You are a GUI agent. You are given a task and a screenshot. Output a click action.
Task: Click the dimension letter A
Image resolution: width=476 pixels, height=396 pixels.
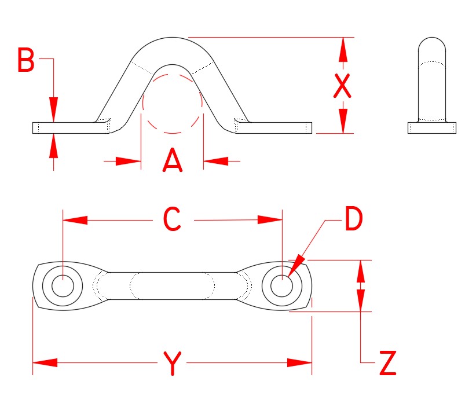click(x=173, y=161)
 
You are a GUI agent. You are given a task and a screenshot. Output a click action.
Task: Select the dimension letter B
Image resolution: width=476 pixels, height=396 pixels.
click(x=25, y=61)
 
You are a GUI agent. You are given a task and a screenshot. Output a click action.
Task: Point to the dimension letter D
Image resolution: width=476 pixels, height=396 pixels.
click(x=353, y=219)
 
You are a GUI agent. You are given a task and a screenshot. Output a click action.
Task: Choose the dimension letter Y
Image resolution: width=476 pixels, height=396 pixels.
click(x=172, y=364)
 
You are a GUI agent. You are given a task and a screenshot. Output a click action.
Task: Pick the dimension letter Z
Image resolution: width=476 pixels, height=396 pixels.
click(x=387, y=364)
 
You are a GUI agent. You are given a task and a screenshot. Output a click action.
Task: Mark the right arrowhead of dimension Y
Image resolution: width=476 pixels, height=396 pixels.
click(x=300, y=363)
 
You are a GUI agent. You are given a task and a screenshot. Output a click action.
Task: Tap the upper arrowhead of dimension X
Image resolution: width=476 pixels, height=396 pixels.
click(x=343, y=49)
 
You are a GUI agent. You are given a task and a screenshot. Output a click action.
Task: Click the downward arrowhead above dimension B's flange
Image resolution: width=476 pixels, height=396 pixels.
click(x=53, y=109)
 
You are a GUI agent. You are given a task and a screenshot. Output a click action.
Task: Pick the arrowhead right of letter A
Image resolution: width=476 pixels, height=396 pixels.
click(x=215, y=161)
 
